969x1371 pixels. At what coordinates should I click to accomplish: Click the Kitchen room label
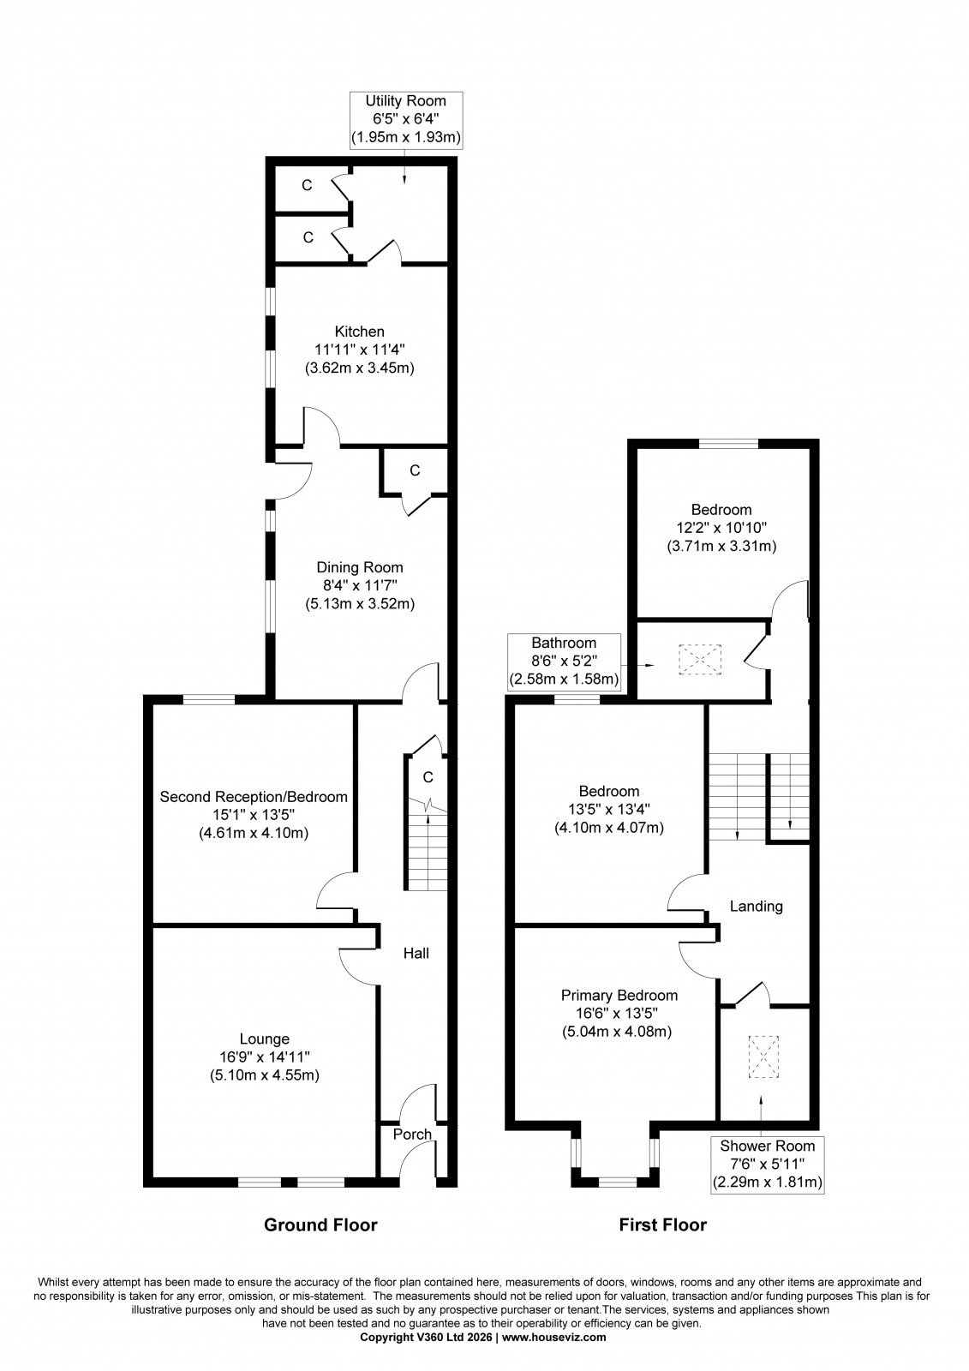[x=359, y=332]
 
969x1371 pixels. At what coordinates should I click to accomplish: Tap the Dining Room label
[x=359, y=567]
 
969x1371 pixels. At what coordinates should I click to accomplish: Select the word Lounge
[x=265, y=1039]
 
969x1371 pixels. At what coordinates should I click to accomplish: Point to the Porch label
[x=412, y=1135]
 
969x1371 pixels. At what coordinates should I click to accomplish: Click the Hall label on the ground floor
[x=416, y=953]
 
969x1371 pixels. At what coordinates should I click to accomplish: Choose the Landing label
[x=756, y=907]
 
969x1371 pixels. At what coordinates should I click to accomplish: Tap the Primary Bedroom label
[x=619, y=996]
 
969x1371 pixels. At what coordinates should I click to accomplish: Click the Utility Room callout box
[x=406, y=119]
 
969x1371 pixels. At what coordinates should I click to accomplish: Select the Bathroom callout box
[x=564, y=662]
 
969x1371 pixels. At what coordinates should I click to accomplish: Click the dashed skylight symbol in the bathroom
[x=700, y=659]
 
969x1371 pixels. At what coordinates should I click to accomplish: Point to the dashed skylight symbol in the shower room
[x=763, y=1057]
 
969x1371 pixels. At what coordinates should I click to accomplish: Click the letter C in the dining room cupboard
[x=415, y=470]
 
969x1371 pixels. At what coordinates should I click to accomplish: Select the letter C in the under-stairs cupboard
[x=428, y=777]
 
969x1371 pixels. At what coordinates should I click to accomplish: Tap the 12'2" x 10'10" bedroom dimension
[x=721, y=528]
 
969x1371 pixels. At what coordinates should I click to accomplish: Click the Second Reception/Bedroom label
[x=254, y=797]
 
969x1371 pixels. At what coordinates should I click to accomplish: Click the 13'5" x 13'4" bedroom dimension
[x=609, y=810]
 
